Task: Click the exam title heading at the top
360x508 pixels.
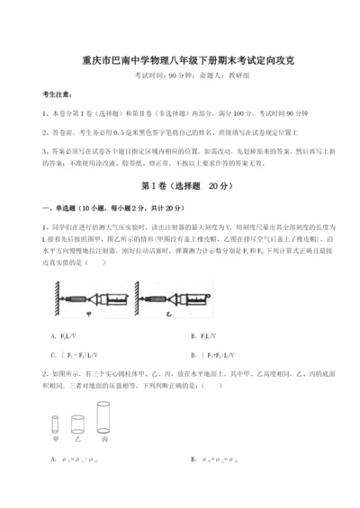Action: tap(179, 60)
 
